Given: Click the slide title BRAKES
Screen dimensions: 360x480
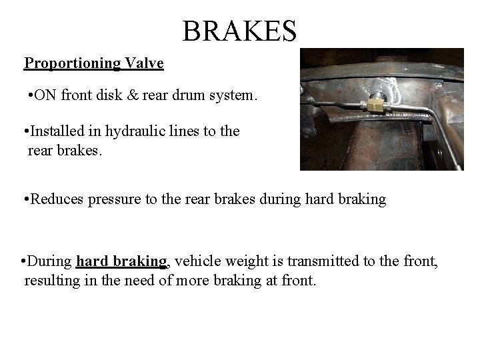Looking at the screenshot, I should click(239, 30).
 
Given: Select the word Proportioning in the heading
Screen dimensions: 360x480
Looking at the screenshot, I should click(72, 63).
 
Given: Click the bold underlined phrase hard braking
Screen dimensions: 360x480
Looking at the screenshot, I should click(121, 261).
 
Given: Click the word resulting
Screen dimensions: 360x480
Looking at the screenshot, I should click(51, 281).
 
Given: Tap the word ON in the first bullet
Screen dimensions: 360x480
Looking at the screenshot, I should click(45, 95).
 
